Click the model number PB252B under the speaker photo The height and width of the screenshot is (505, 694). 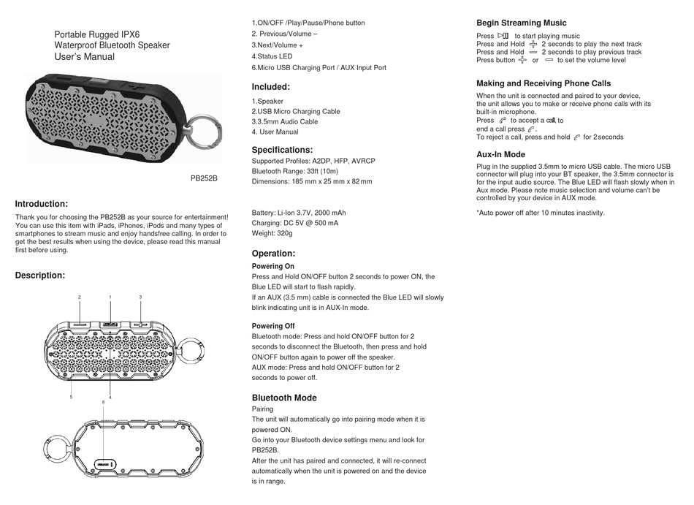point(205,178)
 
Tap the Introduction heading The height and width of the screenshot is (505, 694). point(42,204)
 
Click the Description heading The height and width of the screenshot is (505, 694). point(40,276)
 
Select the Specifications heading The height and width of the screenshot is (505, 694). point(282,150)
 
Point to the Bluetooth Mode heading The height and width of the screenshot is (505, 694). point(284,398)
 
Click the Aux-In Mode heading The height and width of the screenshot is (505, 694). point(500,154)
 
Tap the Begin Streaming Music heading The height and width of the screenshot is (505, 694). point(521,23)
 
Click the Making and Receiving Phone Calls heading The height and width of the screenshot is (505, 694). point(544,83)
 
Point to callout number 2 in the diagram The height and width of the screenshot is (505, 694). point(79,297)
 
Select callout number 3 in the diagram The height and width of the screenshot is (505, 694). point(140,297)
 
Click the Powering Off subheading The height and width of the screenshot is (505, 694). point(272,326)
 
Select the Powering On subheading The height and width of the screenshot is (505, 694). point(272,267)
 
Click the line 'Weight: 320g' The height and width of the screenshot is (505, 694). point(272,233)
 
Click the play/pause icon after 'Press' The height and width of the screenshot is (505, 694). point(503,35)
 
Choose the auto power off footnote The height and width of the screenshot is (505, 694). point(540,213)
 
